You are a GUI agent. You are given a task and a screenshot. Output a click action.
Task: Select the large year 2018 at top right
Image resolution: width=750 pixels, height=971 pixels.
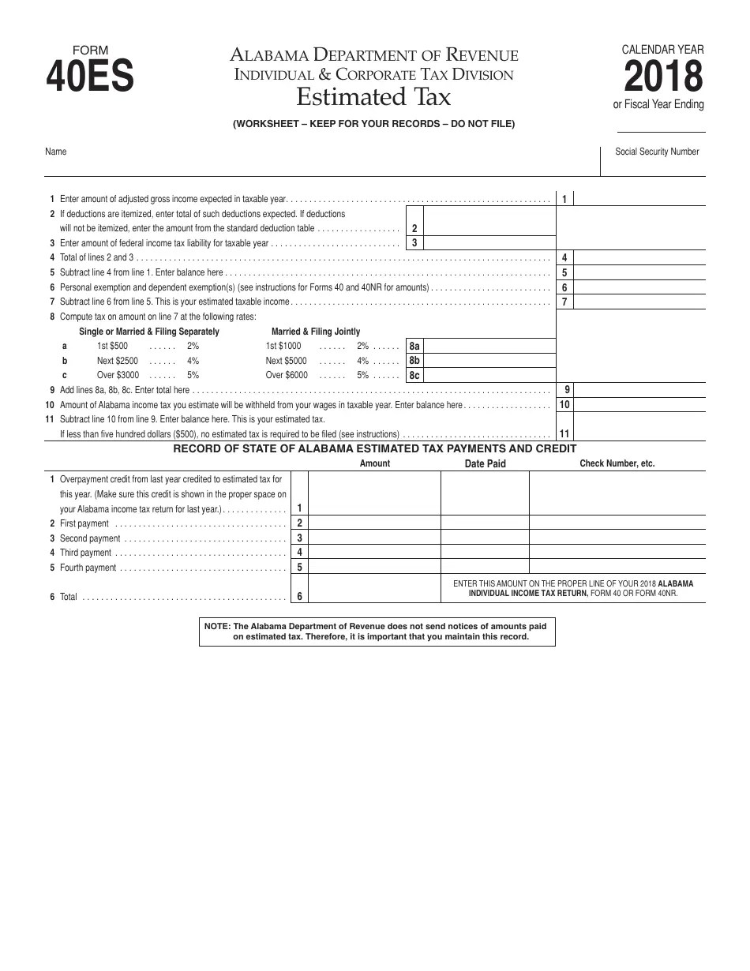point(662,77)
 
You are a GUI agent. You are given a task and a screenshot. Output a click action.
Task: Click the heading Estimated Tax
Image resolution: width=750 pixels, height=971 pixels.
point(373,97)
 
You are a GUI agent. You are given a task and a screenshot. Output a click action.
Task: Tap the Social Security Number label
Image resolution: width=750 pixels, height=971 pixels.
point(657,152)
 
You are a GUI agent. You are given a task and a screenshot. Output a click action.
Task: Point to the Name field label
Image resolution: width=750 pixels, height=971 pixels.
point(56,152)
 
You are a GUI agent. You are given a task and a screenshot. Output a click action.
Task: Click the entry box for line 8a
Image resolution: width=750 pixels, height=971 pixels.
point(489,346)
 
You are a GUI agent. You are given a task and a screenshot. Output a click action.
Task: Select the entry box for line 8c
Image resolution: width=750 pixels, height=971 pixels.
point(489,376)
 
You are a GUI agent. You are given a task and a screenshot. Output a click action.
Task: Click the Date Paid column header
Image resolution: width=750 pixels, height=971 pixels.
point(485,463)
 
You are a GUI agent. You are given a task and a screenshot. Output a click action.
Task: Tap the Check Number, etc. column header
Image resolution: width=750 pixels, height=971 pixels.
point(617,463)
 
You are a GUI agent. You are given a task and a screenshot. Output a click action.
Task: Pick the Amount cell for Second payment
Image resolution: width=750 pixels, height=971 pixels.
point(374,538)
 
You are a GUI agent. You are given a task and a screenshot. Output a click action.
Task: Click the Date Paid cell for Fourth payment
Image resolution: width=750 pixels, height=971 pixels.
point(485,567)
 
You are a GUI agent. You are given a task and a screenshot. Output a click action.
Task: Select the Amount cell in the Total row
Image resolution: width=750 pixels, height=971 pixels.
point(374,589)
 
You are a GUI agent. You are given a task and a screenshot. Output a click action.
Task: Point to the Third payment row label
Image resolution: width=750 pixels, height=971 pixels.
point(86,553)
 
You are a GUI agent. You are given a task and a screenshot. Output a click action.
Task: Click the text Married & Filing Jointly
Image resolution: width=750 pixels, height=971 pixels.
point(316,332)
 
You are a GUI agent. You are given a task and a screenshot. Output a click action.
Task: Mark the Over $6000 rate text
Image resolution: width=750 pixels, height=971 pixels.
point(287,376)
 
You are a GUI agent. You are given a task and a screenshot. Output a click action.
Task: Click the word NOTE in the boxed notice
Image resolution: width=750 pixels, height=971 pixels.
point(216,625)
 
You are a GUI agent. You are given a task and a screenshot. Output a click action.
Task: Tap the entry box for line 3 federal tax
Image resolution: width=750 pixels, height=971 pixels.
point(489,243)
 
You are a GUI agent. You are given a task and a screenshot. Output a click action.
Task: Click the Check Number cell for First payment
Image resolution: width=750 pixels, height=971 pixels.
point(617,523)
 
